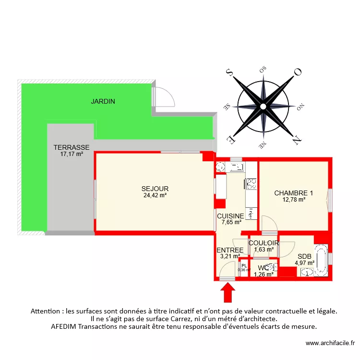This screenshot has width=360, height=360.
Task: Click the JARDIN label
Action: point(104,101)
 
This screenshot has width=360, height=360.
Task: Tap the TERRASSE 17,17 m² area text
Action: point(72,151)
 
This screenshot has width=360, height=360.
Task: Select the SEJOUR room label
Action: point(155,189)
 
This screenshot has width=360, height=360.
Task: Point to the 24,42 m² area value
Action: point(155,195)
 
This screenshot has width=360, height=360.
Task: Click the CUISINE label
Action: point(230,216)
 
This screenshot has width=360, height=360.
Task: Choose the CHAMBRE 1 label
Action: point(293,193)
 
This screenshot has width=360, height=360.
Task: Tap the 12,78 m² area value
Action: point(294,200)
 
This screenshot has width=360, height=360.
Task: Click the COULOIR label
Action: point(264,243)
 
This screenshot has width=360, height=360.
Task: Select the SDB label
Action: point(304,256)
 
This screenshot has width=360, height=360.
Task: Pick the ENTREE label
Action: point(230,250)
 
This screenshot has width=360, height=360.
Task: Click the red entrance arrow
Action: point(227,291)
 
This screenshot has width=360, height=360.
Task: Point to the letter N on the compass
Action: point(297,140)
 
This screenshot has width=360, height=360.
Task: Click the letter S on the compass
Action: point(229,72)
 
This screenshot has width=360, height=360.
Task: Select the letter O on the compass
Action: point(297,72)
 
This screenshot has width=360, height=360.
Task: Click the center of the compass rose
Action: point(263,106)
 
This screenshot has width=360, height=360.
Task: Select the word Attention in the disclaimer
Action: point(47,311)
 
